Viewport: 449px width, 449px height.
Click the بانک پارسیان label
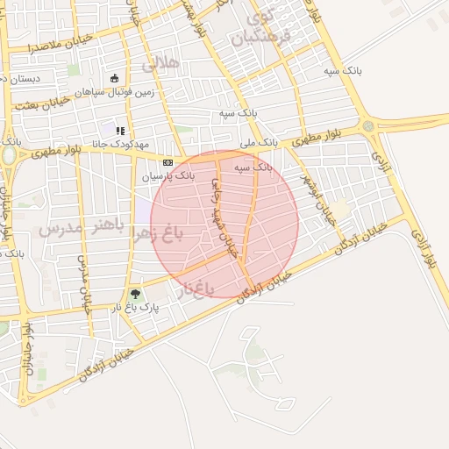point(165,176)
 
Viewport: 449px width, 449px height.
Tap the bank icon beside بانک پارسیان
point(167,162)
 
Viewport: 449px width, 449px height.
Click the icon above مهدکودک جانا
point(120,132)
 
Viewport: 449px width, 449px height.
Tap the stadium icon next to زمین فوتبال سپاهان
point(114,77)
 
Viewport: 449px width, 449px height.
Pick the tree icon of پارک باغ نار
point(134,295)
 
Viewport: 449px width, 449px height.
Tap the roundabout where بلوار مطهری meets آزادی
point(368,125)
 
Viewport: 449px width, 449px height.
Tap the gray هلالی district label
point(160,62)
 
